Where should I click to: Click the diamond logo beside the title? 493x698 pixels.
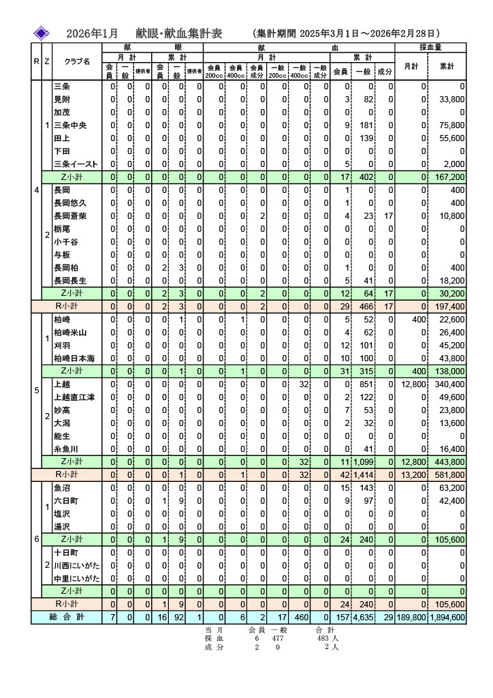[41, 33]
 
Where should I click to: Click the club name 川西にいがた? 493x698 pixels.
[76, 566]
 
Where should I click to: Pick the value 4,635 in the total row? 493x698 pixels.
[369, 618]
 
